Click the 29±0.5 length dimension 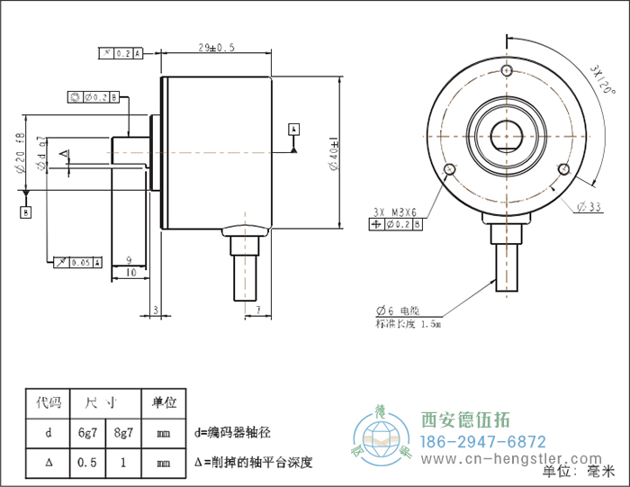pos(216,47)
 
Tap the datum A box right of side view pos(293,129)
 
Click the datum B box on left pos(26,212)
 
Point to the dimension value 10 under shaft pos(130,271)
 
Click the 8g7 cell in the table pos(122,433)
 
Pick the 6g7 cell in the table pos(88,433)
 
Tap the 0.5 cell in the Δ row pos(88,463)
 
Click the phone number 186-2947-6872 pos(483,442)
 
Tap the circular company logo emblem pos(382,437)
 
